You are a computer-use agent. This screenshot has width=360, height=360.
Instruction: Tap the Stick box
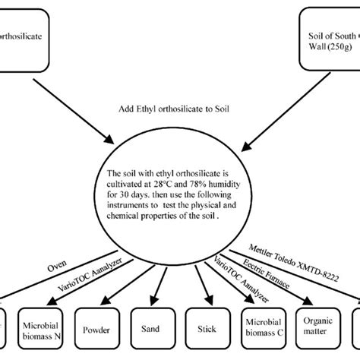207,330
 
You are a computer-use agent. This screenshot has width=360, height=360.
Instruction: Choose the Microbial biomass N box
43,330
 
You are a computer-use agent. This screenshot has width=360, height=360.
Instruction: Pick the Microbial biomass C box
261,330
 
